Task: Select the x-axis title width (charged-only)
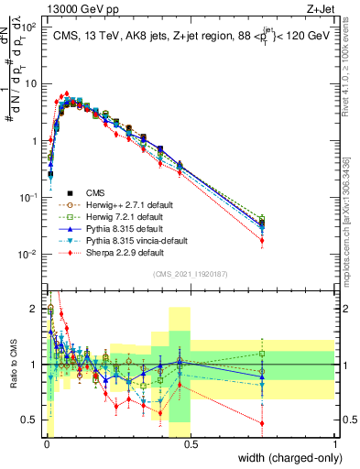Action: pos(286,458)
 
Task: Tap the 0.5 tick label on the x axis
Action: pos(191,444)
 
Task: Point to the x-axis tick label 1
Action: pos(335,444)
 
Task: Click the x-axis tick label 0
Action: pos(46,444)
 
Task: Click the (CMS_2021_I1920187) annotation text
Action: pos(190,272)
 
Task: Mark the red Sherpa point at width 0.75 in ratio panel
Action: pos(263,423)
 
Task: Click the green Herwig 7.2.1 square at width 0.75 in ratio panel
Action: pos(263,354)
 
